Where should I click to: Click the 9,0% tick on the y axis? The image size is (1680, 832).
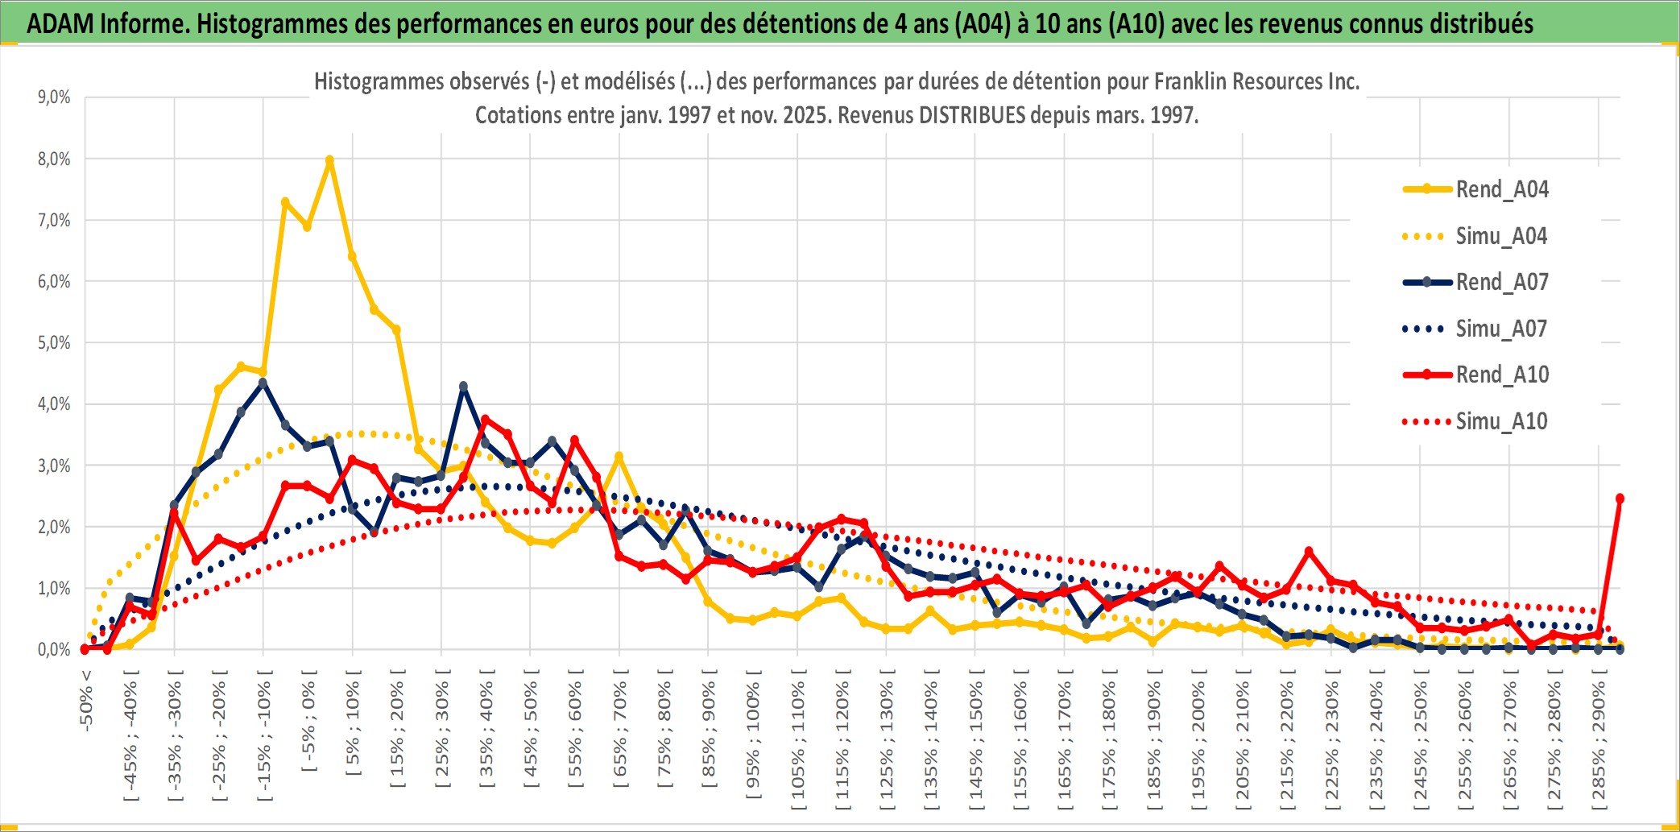click(x=54, y=97)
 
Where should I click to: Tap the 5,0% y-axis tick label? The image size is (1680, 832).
click(x=54, y=343)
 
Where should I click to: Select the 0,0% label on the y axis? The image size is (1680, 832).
click(x=54, y=649)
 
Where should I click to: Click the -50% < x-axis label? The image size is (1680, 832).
click(x=86, y=700)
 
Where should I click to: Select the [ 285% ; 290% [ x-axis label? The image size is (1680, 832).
click(x=1599, y=743)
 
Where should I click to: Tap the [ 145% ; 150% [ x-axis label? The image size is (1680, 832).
click(x=975, y=743)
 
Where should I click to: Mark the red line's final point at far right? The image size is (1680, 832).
click(x=1620, y=499)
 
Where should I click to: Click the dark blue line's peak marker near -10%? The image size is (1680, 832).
click(x=263, y=383)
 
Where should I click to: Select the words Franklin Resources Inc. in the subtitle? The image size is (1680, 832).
click(x=1256, y=81)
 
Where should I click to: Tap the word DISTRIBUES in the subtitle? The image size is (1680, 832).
click(x=972, y=115)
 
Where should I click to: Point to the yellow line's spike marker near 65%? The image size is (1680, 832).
click(x=619, y=457)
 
